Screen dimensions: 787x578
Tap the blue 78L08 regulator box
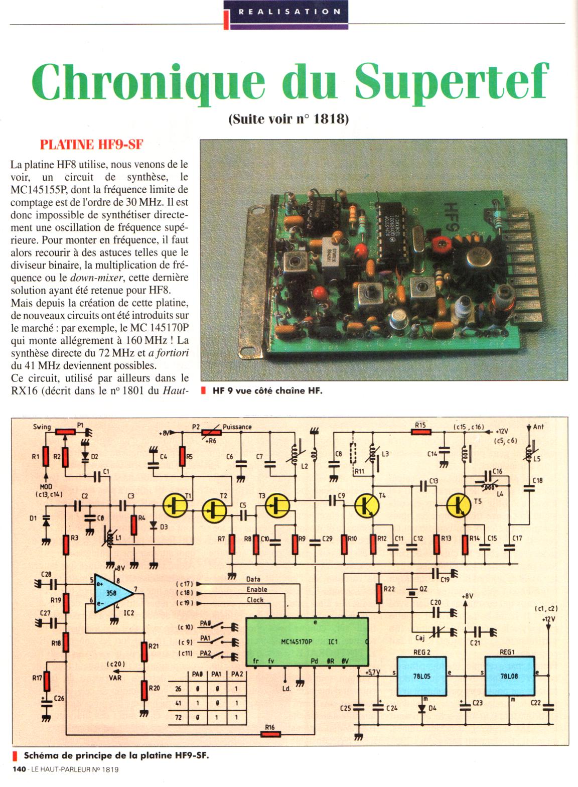tap(508, 676)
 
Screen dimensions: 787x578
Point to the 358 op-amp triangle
tap(112, 593)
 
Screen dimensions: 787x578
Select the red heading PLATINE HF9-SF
tap(92, 145)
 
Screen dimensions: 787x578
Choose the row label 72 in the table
tap(178, 718)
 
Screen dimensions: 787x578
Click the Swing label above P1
tap(42, 427)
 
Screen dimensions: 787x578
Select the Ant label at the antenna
tap(538, 427)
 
